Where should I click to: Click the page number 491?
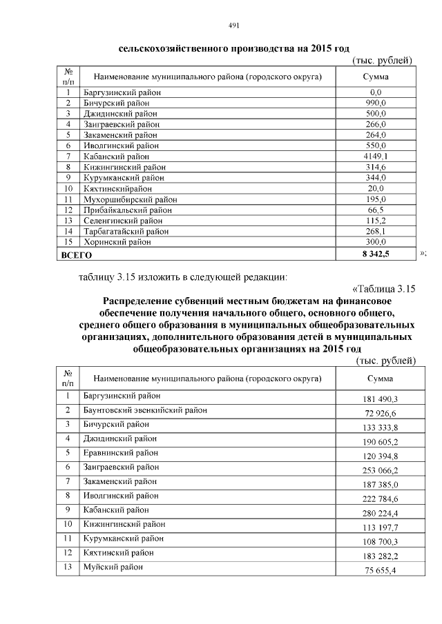point(233,26)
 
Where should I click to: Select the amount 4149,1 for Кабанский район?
point(376,157)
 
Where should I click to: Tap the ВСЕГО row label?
point(70,254)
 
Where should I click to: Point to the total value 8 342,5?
point(376,254)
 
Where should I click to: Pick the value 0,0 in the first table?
point(376,92)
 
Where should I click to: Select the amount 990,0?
point(376,103)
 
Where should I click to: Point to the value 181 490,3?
point(376,400)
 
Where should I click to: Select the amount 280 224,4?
point(376,514)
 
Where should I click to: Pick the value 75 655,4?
point(376,570)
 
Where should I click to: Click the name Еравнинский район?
point(120,453)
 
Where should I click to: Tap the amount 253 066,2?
point(376,471)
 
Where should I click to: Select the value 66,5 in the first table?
point(376,210)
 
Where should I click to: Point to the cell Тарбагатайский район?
point(125,232)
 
